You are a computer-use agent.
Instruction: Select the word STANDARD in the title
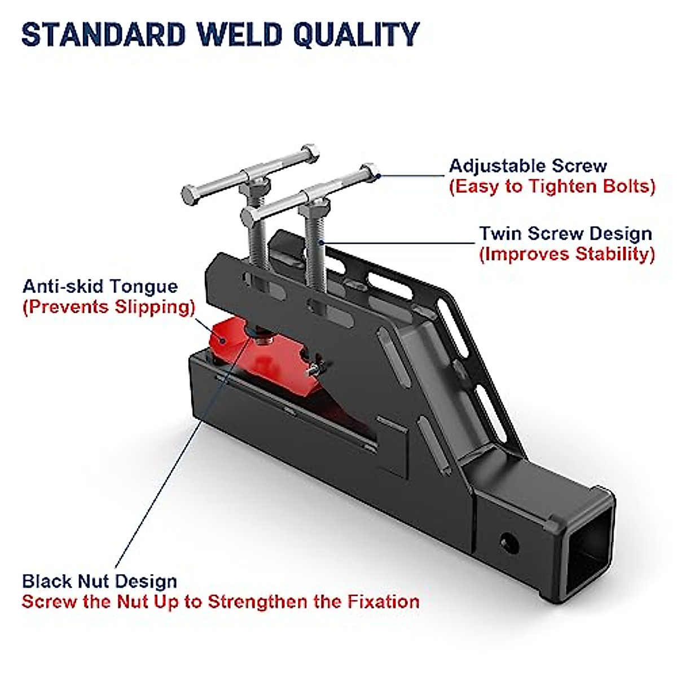click(104, 34)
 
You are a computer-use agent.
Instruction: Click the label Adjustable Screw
click(527, 166)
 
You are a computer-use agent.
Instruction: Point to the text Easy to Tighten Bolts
click(552, 187)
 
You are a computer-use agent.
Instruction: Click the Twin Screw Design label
click(565, 234)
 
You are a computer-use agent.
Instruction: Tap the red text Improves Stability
click(567, 254)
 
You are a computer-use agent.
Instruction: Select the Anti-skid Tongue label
click(100, 287)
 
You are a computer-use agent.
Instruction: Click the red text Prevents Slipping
click(109, 307)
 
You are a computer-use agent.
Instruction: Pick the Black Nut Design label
click(99, 581)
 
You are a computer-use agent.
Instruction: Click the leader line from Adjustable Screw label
click(412, 175)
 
